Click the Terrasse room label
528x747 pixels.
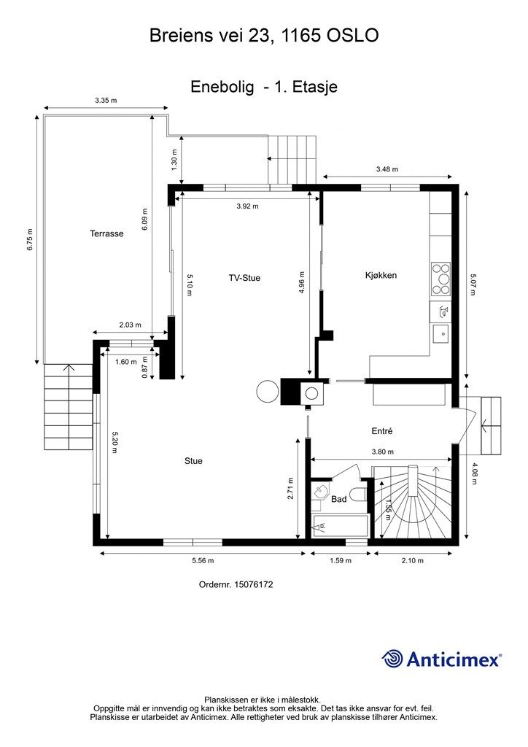(106, 233)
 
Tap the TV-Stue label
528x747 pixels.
(244, 278)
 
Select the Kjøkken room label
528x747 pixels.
(381, 275)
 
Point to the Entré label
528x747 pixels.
(382, 430)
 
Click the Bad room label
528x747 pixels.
(338, 499)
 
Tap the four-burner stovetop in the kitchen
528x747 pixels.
(441, 279)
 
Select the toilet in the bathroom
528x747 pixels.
(357, 494)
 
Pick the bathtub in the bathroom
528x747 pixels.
(340, 527)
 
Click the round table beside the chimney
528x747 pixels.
(267, 391)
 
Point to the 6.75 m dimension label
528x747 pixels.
(30, 239)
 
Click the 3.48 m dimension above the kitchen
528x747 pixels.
(387, 169)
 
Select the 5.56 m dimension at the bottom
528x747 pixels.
(203, 561)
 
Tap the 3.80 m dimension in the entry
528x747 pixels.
(382, 452)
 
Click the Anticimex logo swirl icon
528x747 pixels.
(392, 659)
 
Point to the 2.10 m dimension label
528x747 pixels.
(412, 561)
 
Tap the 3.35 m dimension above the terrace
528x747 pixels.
(106, 101)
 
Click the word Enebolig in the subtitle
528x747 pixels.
(222, 87)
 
